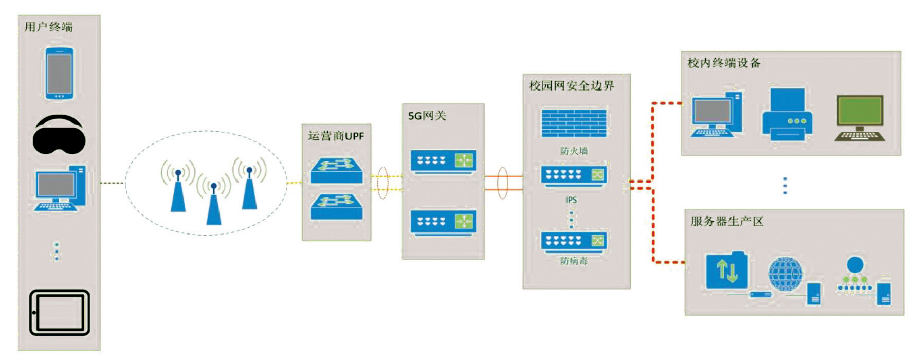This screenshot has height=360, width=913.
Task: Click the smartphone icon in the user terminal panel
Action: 59,73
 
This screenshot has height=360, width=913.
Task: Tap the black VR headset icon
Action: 59,135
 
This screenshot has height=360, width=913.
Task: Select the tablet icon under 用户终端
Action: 59,313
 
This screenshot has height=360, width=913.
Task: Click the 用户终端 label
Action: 49,27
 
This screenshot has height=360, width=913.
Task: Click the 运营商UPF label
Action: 336,136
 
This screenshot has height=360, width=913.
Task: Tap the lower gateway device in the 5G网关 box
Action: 443,223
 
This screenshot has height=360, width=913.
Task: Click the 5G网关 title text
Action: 427,116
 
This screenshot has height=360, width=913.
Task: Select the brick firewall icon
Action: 573,123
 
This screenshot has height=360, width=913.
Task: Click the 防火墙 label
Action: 574,151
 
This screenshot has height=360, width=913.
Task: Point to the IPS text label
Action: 571,200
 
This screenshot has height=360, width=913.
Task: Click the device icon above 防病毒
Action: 573,242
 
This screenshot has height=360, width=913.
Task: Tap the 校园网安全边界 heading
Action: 572,86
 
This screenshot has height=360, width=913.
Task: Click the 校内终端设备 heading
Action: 724,63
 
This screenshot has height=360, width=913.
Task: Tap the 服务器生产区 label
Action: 726,222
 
